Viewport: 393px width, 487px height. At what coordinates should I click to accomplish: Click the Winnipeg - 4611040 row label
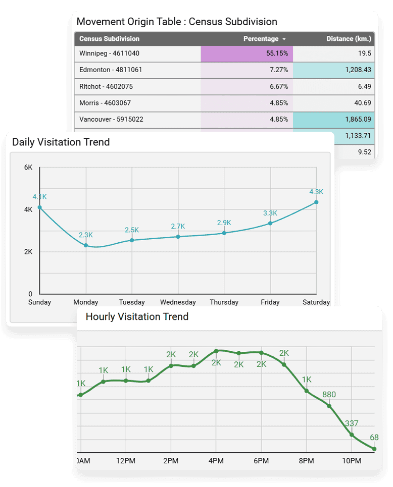coord(109,53)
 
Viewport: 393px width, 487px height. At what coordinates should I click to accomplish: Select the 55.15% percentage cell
coord(247,53)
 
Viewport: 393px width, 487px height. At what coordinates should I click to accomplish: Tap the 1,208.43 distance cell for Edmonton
coord(333,70)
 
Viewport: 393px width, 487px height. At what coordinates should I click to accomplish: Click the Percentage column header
coord(261,39)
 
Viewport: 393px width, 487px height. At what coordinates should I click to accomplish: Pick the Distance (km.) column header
coord(349,39)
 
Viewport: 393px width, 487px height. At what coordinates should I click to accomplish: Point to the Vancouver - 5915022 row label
coord(111,119)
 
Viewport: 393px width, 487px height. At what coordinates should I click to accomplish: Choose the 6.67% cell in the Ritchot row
coord(247,86)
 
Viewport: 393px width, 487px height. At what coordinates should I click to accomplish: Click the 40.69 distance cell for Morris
coord(333,103)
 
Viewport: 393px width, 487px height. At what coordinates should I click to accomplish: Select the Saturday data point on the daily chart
coord(316,202)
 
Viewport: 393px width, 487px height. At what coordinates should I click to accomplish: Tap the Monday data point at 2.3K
coord(86,245)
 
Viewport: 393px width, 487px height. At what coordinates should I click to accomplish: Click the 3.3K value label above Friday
coord(270,213)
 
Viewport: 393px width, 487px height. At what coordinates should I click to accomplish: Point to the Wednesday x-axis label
coord(178,302)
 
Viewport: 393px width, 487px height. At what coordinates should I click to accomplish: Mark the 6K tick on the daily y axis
coord(28,168)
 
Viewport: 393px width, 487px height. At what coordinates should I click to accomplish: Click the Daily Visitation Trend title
coord(61,142)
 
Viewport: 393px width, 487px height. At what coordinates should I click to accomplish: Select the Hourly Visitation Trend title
coord(137,316)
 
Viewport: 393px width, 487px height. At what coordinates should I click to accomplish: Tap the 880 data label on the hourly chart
coord(329,395)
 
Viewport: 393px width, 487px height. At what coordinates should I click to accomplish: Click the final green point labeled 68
coord(374,449)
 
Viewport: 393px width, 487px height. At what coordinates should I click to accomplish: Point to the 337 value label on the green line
coord(352,423)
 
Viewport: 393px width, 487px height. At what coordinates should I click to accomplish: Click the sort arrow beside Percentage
coord(284,39)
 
